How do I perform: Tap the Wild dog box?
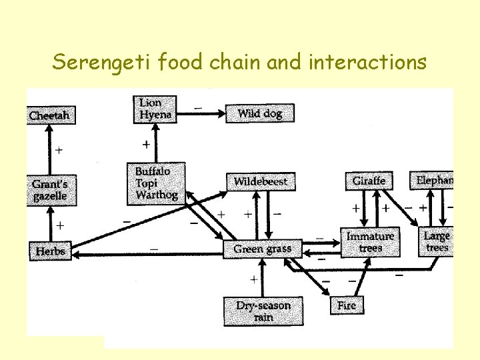point(259,113)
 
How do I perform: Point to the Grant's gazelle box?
point(50,189)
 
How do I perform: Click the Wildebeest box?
point(261,181)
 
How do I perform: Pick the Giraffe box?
point(369,181)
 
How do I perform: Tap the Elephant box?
point(433,180)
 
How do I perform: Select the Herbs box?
point(50,251)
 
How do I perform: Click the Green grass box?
point(262,249)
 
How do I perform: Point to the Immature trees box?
point(371,242)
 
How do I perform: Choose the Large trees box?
point(437,241)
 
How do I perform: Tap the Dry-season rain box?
point(263,311)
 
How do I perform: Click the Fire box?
point(347,305)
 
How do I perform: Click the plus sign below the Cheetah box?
point(59,151)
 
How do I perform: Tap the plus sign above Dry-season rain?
point(253,278)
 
